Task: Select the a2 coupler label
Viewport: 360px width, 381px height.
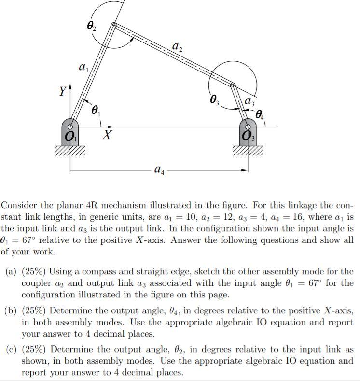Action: [x=177, y=47]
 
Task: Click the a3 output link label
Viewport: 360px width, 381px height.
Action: [x=249, y=102]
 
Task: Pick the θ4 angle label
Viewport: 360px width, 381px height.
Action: [x=261, y=114]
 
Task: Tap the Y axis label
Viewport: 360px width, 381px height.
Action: [x=62, y=91]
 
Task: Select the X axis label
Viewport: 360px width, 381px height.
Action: [x=108, y=136]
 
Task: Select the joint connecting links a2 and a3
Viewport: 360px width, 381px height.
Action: [x=233, y=85]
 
